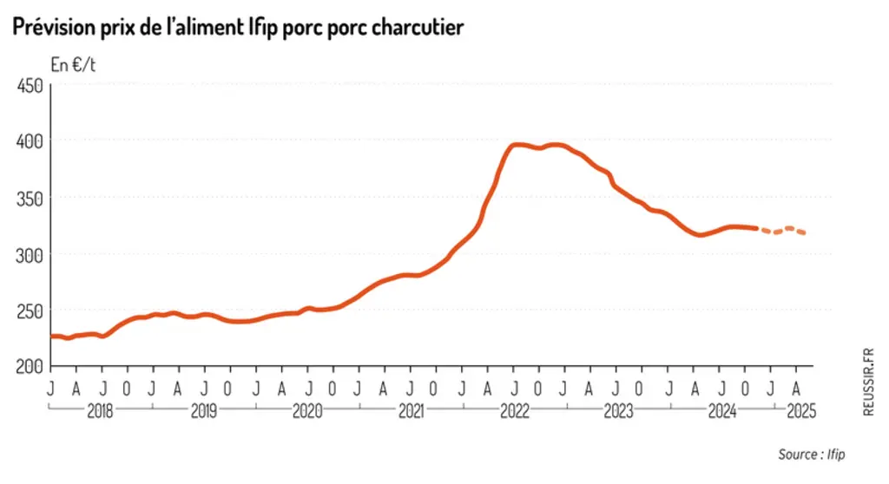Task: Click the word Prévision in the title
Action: click(x=55, y=27)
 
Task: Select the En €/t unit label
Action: click(x=73, y=65)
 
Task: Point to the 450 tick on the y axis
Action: click(x=30, y=86)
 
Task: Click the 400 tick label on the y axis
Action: click(x=30, y=141)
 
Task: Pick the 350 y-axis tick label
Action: click(x=30, y=199)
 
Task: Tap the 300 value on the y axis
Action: click(x=30, y=256)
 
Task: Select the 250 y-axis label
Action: click(x=30, y=311)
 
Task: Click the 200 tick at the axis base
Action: click(x=30, y=367)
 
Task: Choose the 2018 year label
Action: click(x=100, y=411)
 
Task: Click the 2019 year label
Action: click(x=203, y=411)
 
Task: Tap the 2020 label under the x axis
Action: click(x=307, y=411)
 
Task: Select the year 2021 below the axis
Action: click(x=411, y=411)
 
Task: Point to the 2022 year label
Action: click(x=515, y=411)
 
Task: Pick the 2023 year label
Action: click(x=618, y=411)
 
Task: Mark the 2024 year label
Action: click(x=722, y=411)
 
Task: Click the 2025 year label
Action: click(x=801, y=411)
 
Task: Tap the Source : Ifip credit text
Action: click(x=812, y=455)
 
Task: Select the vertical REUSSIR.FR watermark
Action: click(x=868, y=382)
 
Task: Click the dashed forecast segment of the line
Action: click(x=782, y=231)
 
